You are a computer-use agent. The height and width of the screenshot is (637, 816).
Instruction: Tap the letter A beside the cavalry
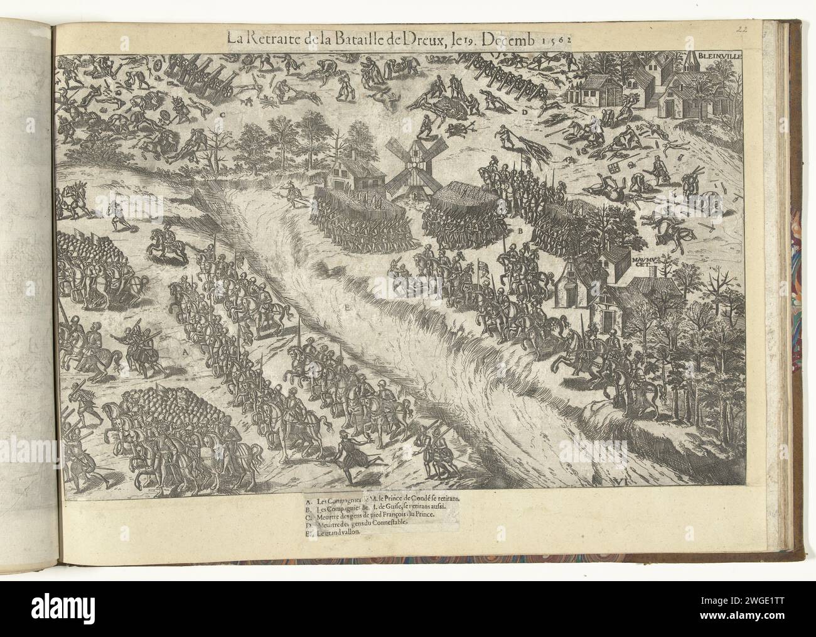pos(185,354)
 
